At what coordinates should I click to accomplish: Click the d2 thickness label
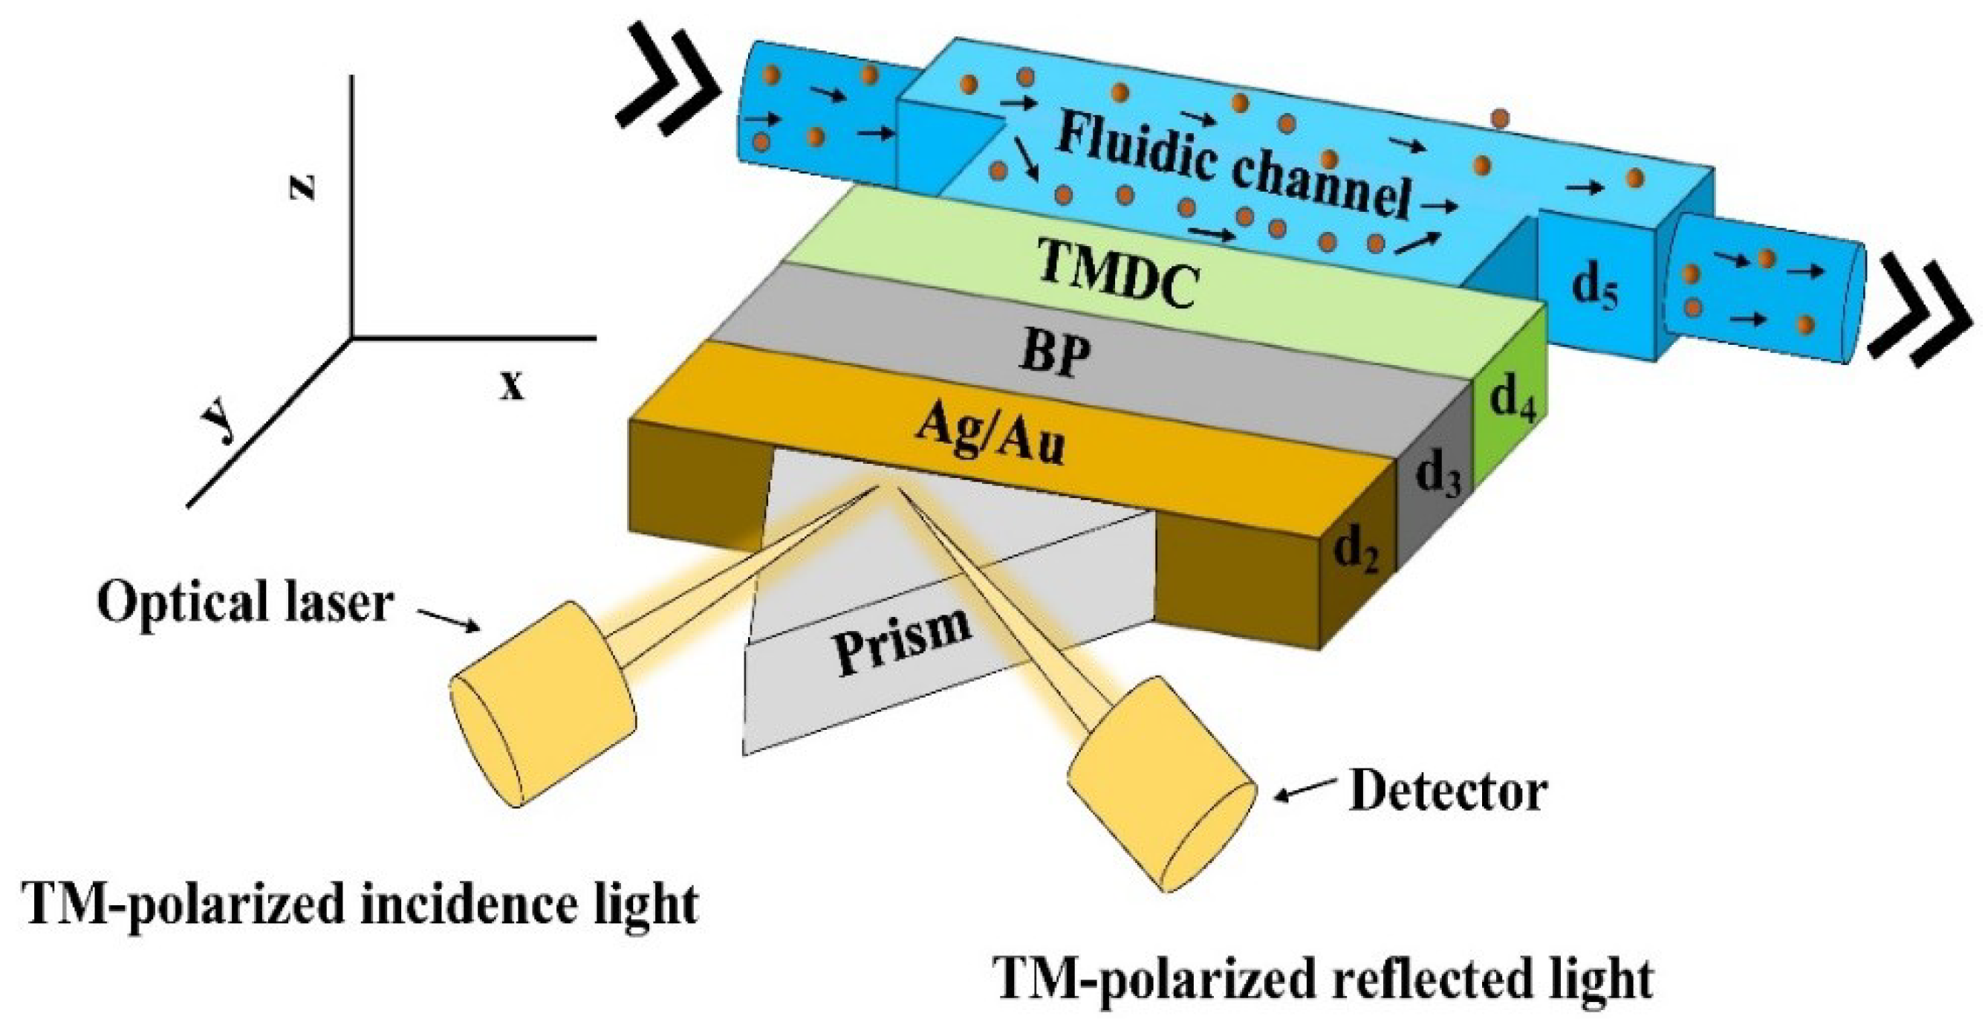pos(1357,552)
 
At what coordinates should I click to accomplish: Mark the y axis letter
pos(220,423)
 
